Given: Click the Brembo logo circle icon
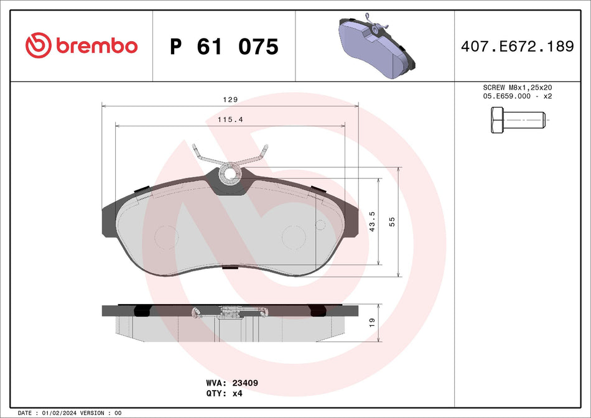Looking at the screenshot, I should point(39,45).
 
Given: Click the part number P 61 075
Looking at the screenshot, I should point(224,47).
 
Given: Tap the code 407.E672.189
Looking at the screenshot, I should point(517,46).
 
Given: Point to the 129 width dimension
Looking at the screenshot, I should point(231,100).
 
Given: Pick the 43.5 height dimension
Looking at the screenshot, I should point(373,221).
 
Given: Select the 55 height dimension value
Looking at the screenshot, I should point(392,221).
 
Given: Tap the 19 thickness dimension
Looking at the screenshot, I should point(372,323).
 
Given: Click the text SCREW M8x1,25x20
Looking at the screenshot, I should point(517,88).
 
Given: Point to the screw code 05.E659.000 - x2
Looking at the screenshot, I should point(517,96).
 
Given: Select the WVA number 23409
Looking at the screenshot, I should point(245,384).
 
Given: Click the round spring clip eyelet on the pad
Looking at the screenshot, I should point(231,172).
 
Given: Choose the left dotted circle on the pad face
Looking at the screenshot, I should point(166,236).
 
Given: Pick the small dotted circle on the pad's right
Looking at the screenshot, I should point(320,224).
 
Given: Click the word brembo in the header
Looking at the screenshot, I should point(96,46).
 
